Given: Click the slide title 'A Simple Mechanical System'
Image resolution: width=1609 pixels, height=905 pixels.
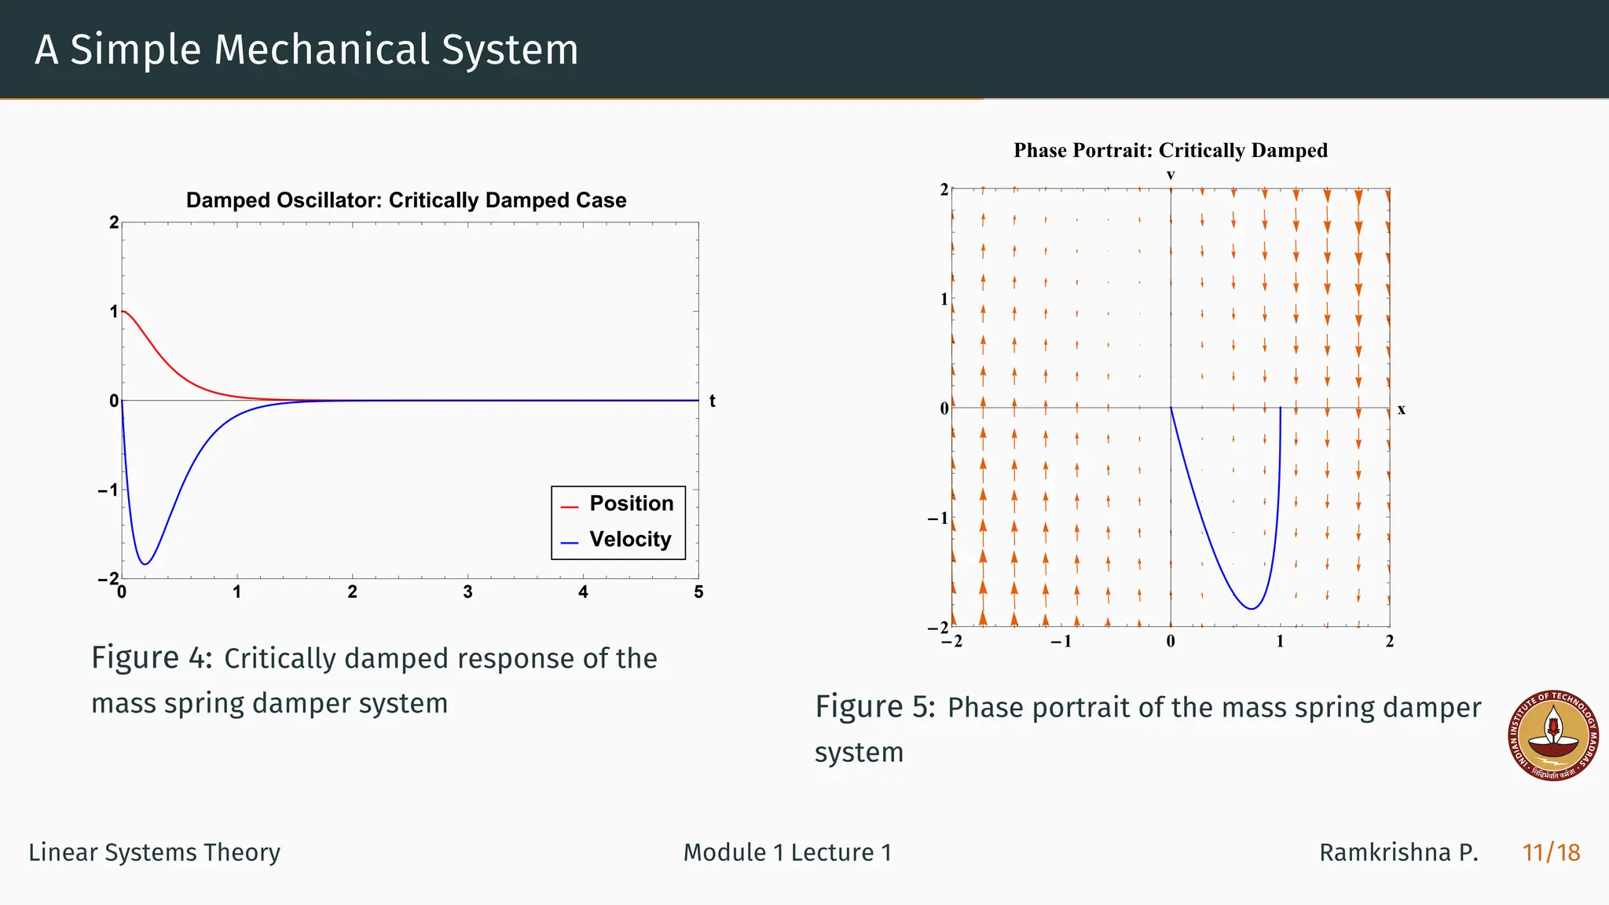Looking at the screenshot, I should pos(306,49).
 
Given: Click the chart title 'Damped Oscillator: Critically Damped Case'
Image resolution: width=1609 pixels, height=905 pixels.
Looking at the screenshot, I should pos(406,200).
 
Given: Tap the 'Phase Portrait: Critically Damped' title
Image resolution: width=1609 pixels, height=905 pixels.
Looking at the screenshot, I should pos(1170,150).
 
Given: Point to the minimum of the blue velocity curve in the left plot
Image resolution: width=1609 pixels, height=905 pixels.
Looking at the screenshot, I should pos(145,564).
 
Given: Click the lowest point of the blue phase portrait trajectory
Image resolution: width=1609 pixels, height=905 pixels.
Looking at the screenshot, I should pos(1252,609).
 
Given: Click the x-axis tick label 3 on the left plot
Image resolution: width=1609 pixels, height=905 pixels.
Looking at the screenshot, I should pos(467,592).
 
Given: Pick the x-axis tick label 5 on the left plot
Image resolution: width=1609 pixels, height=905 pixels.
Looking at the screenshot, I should pos(698,592).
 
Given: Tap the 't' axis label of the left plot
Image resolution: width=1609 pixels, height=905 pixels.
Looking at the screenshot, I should pos(712,401).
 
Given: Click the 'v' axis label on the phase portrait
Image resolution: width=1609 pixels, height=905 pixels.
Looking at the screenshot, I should pos(1171,174).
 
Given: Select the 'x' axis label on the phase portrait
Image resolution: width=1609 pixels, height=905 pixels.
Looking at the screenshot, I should pos(1401,409).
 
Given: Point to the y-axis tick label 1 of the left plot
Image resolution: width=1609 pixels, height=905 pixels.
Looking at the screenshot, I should pos(114,312).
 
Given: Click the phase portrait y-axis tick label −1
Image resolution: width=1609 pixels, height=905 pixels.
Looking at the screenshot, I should pos(939,518).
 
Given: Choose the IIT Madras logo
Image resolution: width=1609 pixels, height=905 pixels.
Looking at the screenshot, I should pos(1553,736).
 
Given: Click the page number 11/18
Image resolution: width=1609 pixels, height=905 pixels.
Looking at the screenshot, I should pos(1551,852).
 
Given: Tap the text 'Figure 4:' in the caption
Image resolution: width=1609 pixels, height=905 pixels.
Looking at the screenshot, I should pos(152,658).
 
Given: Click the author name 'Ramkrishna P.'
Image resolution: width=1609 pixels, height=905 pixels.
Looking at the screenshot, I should pos(1398,852).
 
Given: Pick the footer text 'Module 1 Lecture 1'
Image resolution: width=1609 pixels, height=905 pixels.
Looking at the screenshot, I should pos(787,852).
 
